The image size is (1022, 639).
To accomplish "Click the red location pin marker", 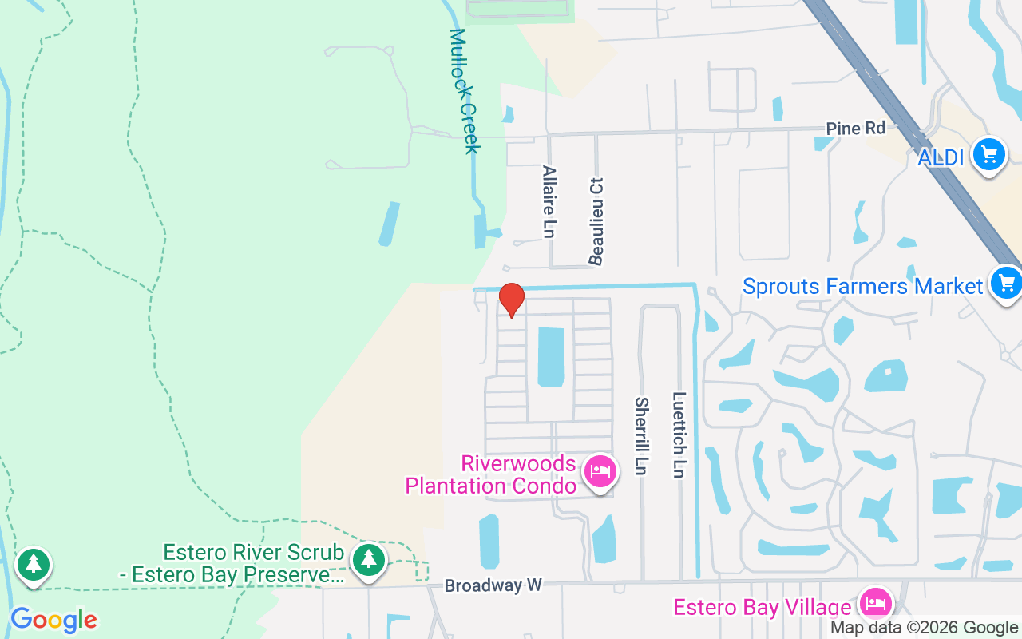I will [511, 300].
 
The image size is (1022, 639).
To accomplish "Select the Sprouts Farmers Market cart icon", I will [1005, 284].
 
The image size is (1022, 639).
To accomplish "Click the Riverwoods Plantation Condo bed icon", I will [599, 471].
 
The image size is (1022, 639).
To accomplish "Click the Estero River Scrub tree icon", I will [368, 560].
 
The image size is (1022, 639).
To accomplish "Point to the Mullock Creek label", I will [464, 91].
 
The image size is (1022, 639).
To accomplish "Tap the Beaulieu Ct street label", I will [596, 220].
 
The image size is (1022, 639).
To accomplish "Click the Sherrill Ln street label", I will [640, 435].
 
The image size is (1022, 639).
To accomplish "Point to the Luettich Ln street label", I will [679, 434].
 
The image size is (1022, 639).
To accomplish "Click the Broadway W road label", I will [493, 586].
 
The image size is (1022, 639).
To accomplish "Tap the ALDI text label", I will [941, 158].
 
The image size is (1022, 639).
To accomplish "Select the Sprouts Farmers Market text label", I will [862, 286].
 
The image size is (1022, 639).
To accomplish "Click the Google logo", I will [53, 620].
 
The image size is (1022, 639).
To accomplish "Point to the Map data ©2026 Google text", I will [924, 628].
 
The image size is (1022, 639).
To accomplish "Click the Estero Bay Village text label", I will [762, 607].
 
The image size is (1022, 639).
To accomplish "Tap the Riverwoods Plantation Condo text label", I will [490, 475].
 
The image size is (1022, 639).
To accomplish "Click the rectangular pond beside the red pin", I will [551, 356].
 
